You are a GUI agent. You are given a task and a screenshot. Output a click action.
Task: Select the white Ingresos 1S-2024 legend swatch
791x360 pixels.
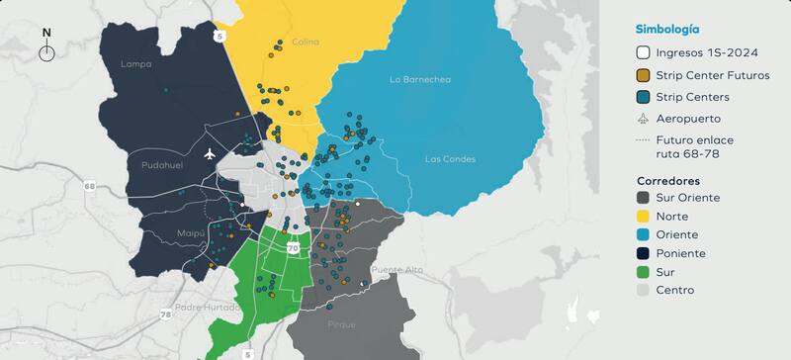click(643, 52)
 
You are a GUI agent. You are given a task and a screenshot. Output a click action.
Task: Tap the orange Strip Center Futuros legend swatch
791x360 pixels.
click(643, 74)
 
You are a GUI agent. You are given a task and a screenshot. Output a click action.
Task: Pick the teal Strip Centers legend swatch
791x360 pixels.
click(643, 97)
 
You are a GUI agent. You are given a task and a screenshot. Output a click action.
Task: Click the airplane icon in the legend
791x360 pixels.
click(643, 119)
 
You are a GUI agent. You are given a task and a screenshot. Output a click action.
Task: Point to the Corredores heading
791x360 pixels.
click(668, 181)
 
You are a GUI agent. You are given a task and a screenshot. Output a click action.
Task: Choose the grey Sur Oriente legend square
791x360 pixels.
click(643, 198)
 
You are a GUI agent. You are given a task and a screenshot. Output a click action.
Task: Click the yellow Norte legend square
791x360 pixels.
click(643, 217)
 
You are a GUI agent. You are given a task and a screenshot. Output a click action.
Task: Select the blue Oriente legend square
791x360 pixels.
click(643, 234)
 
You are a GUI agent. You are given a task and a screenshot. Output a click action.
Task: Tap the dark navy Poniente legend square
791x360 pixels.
click(643, 253)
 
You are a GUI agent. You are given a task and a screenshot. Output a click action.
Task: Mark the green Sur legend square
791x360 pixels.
click(643, 271)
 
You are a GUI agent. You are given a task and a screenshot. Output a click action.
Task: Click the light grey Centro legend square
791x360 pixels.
click(643, 290)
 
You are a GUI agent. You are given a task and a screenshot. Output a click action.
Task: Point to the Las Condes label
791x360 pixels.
click(450, 159)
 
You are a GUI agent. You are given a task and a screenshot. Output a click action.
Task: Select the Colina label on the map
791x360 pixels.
click(306, 42)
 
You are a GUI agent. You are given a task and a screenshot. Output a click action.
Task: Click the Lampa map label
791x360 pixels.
click(133, 64)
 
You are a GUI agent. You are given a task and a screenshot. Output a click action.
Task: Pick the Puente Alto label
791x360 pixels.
click(395, 269)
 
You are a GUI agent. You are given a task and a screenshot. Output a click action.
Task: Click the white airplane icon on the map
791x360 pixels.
click(209, 154)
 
